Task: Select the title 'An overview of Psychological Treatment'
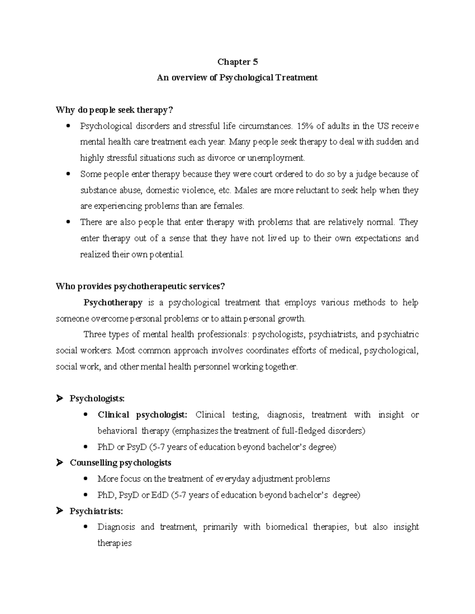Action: [237, 78]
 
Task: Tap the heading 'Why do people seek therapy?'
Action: [115, 110]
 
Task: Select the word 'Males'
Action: [246, 191]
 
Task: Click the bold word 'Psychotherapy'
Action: [113, 303]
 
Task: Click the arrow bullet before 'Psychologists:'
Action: [60, 399]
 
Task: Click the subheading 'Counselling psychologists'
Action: [120, 463]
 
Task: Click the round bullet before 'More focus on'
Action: [86, 479]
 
